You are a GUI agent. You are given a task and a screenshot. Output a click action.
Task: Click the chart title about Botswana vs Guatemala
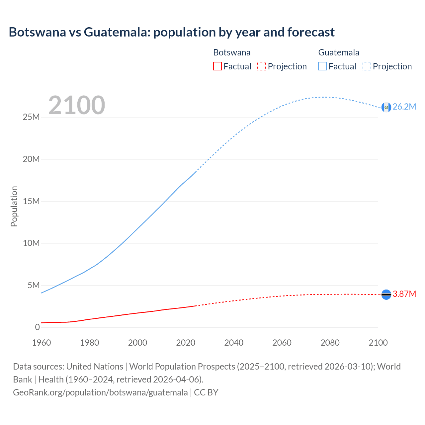tap(171, 32)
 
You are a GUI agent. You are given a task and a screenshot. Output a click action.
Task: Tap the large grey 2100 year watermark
tap(77, 105)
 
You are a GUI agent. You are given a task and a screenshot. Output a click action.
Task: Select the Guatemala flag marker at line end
tap(386, 107)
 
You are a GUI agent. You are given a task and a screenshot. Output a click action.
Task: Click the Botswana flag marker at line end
tap(386, 294)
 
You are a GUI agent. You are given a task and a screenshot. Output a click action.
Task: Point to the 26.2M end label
tap(404, 107)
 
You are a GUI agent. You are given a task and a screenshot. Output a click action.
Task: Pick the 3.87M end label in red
tap(404, 294)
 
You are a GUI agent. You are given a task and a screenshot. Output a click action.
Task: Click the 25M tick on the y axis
tap(31, 117)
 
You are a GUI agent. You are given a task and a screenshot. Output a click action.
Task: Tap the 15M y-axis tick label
tap(31, 201)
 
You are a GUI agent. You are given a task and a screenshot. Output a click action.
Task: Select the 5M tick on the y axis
tap(34, 285)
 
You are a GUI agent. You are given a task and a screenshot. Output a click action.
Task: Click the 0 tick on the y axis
tap(37, 327)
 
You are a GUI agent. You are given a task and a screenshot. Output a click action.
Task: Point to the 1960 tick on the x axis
tap(42, 343)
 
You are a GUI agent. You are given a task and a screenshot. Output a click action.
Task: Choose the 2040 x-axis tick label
tap(234, 343)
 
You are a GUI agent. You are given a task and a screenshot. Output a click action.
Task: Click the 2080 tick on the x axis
tap(330, 343)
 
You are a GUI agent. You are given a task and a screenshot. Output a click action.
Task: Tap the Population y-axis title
tap(14, 206)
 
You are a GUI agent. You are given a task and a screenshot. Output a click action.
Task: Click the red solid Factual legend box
tap(217, 66)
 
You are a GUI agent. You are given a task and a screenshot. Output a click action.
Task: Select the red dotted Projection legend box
tap(262, 66)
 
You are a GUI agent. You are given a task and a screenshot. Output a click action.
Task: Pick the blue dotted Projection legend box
tap(367, 66)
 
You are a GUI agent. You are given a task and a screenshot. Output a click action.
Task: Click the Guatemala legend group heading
tap(339, 52)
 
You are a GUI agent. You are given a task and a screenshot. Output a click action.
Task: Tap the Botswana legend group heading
tap(232, 52)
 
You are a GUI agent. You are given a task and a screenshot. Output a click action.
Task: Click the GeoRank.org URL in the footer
tap(100, 392)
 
